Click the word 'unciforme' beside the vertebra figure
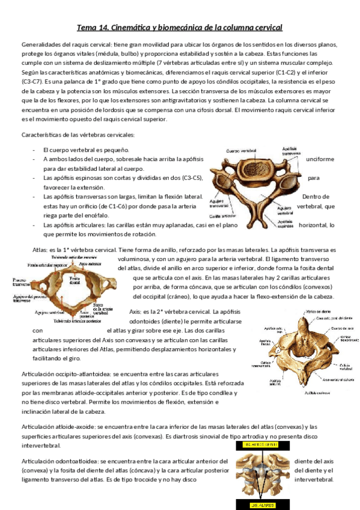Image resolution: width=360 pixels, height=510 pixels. pos(319,159)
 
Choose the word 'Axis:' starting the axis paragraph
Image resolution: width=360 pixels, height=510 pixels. pos(138,312)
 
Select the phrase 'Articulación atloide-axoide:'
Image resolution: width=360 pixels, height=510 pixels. pos(58,426)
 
